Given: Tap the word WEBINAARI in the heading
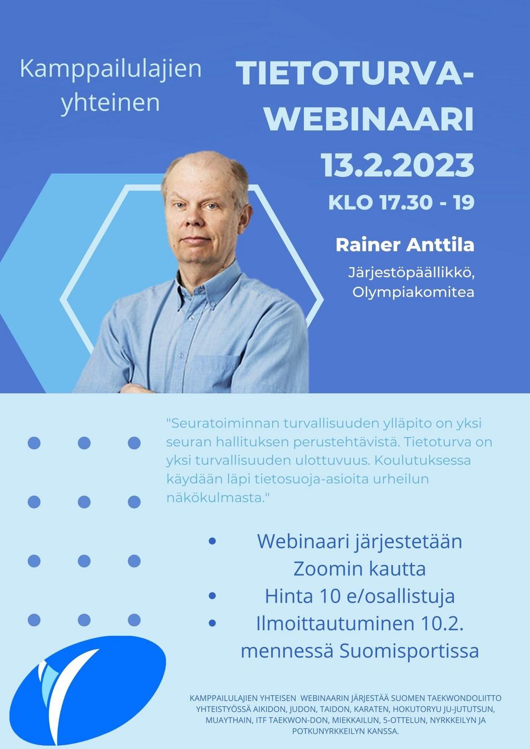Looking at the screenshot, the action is click(369, 120).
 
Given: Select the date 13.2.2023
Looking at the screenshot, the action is click(397, 165).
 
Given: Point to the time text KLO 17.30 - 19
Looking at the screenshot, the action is click(401, 203).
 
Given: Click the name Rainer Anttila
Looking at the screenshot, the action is click(405, 245).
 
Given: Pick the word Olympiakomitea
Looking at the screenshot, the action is click(413, 292).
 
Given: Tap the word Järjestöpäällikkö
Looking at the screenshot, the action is click(411, 273).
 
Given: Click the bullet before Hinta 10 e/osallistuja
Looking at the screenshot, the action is click(212, 596).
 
